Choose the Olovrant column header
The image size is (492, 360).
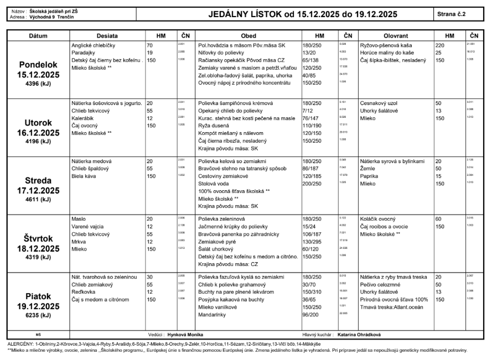(x=393, y=35)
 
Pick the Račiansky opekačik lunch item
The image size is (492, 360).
(x=234, y=59)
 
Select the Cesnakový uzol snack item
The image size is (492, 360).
(x=379, y=103)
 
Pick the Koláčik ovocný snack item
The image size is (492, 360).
(x=377, y=218)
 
